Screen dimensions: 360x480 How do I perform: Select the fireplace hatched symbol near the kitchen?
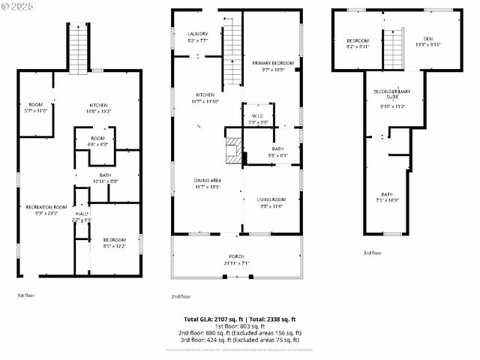pos(235,150)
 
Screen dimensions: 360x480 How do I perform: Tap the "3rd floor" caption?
pos(373,253)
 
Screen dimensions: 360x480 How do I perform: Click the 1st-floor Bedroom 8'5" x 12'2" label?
pos(114,242)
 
